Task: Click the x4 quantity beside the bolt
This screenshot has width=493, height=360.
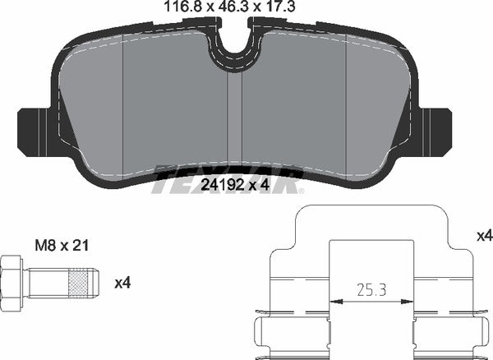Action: [122, 284]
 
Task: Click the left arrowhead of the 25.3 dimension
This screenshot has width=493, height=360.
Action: [334, 302]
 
